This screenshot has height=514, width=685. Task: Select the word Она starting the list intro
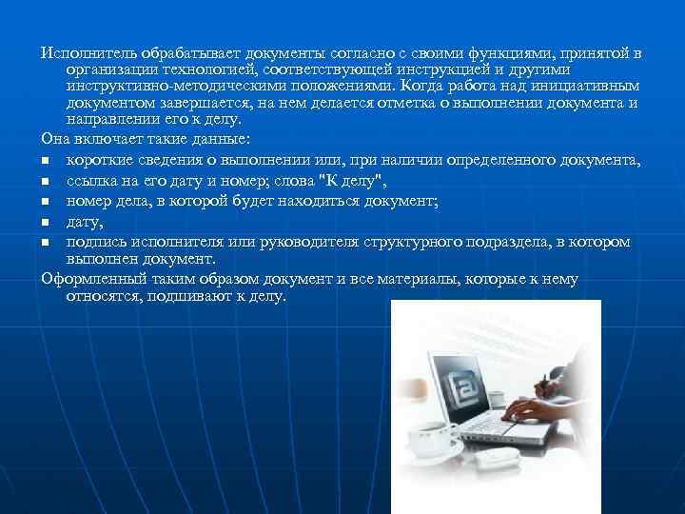click(x=56, y=139)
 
